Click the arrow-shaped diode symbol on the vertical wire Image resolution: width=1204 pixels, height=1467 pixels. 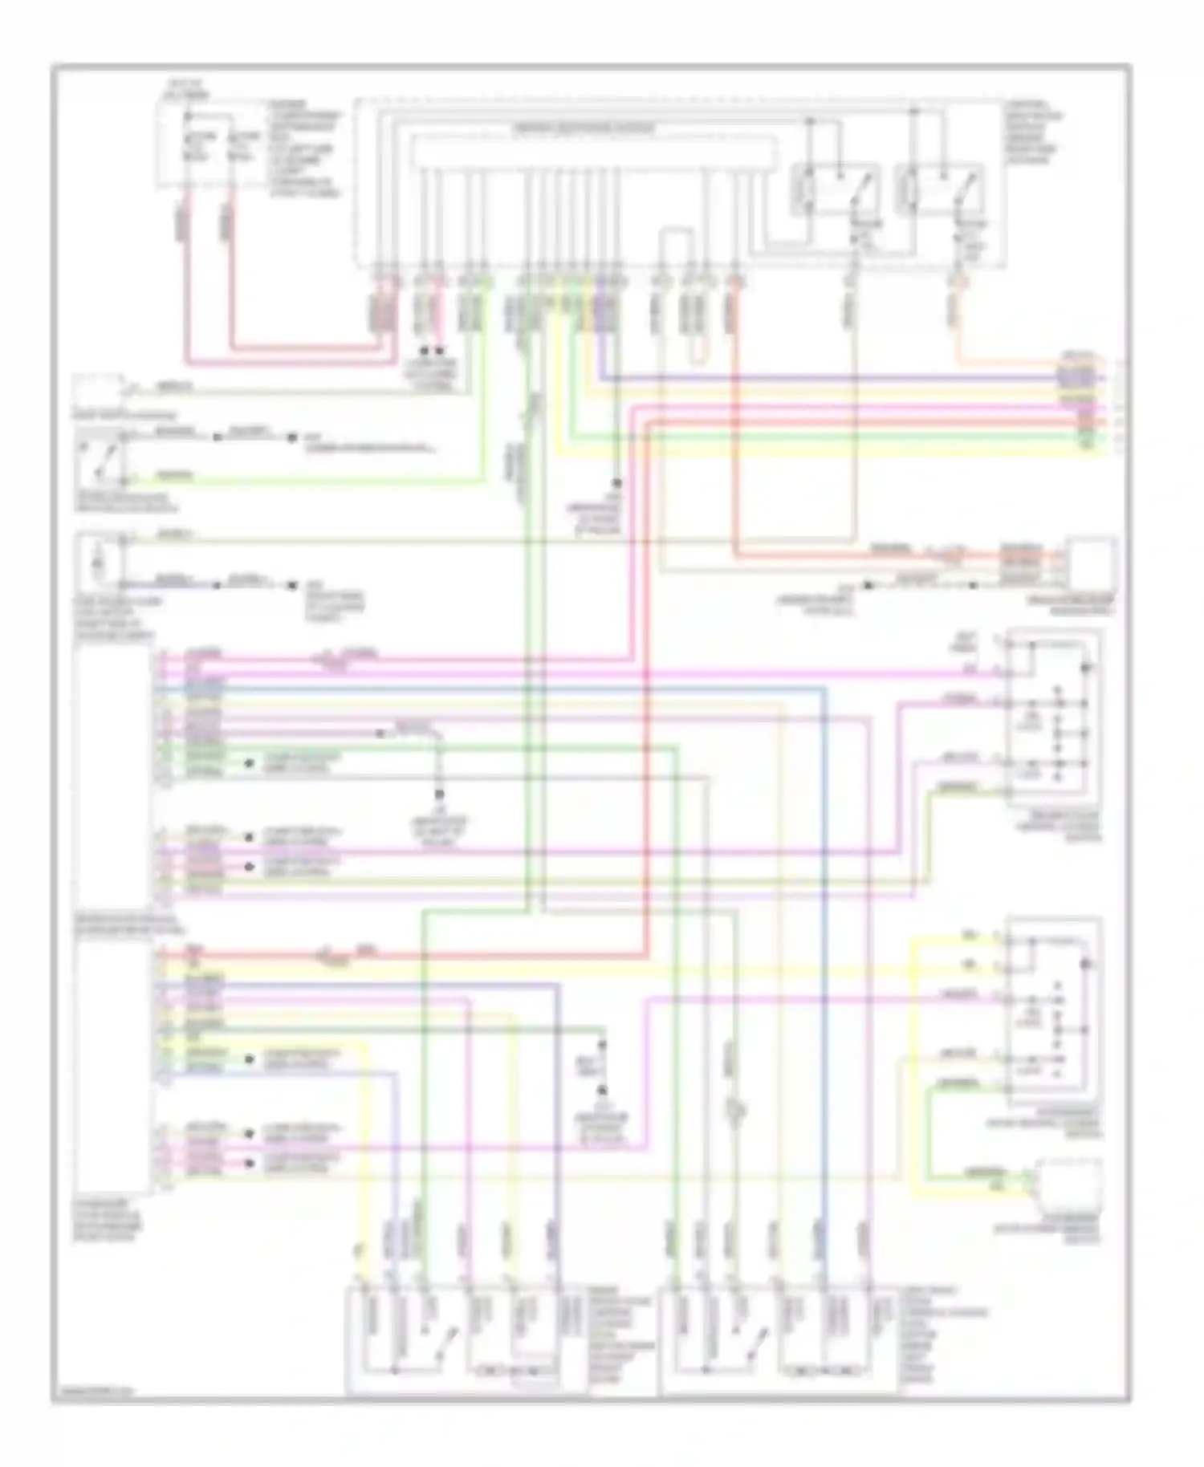click(734, 1111)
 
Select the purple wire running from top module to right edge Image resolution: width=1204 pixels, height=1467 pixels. click(843, 377)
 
